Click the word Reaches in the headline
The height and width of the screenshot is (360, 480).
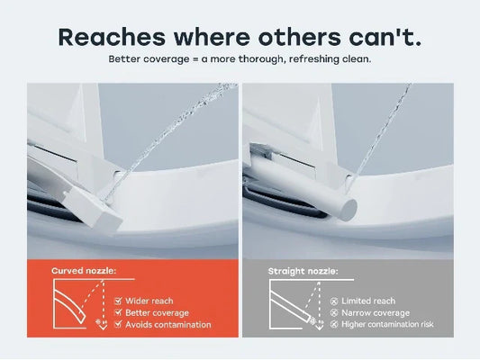[112, 37]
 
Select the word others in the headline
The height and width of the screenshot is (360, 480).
[299, 37]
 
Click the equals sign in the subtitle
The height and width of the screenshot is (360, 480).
[196, 58]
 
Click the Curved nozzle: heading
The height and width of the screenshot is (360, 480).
[84, 271]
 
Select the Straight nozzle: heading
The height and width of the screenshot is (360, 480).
[303, 271]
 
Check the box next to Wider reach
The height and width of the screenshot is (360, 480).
[118, 301]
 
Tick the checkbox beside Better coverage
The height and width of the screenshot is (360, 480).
[118, 312]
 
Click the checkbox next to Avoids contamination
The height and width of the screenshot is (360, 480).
[118, 324]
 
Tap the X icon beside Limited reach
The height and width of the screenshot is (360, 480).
[334, 301]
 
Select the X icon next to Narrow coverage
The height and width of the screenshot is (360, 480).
[334, 313]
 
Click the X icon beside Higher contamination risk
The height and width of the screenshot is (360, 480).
[334, 324]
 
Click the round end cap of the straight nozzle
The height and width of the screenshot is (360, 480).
[349, 210]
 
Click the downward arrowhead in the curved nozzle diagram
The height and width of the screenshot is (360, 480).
[104, 327]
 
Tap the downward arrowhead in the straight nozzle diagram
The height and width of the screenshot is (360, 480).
[320, 327]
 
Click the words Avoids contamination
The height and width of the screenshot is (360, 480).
[168, 325]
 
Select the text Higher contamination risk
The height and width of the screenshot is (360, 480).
[387, 324]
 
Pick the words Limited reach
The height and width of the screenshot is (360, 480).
[368, 301]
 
